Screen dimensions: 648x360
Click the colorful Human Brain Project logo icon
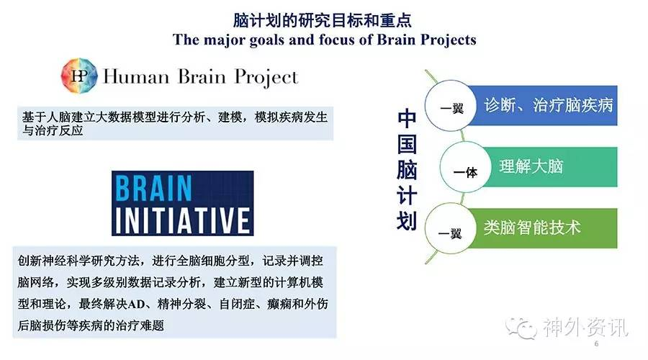pyautogui.click(x=79, y=76)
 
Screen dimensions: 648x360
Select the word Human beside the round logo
pyautogui.click(x=136, y=77)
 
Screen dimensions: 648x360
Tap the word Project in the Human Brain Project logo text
pyautogui.click(x=266, y=78)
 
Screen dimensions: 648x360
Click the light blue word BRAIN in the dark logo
pyautogui.click(x=153, y=188)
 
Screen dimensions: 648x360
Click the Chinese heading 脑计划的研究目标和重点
pyautogui.click(x=323, y=20)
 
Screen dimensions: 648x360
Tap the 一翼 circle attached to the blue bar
pyautogui.click(x=451, y=105)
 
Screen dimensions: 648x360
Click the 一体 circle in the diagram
pyautogui.click(x=465, y=167)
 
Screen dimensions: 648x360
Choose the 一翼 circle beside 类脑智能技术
pyautogui.click(x=451, y=228)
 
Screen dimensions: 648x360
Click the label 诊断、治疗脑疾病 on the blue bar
pyautogui.click(x=549, y=105)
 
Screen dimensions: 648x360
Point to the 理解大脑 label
pyautogui.click(x=531, y=166)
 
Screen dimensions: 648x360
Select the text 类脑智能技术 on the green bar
pyautogui.click(x=532, y=228)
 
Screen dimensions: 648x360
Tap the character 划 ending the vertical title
pyautogui.click(x=407, y=221)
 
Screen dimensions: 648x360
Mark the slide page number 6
pyautogui.click(x=596, y=343)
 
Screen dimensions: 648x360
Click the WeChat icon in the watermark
pyautogui.click(x=521, y=328)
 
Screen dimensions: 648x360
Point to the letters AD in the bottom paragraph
pyautogui.click(x=136, y=305)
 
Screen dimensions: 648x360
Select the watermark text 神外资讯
pyautogui.click(x=585, y=328)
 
